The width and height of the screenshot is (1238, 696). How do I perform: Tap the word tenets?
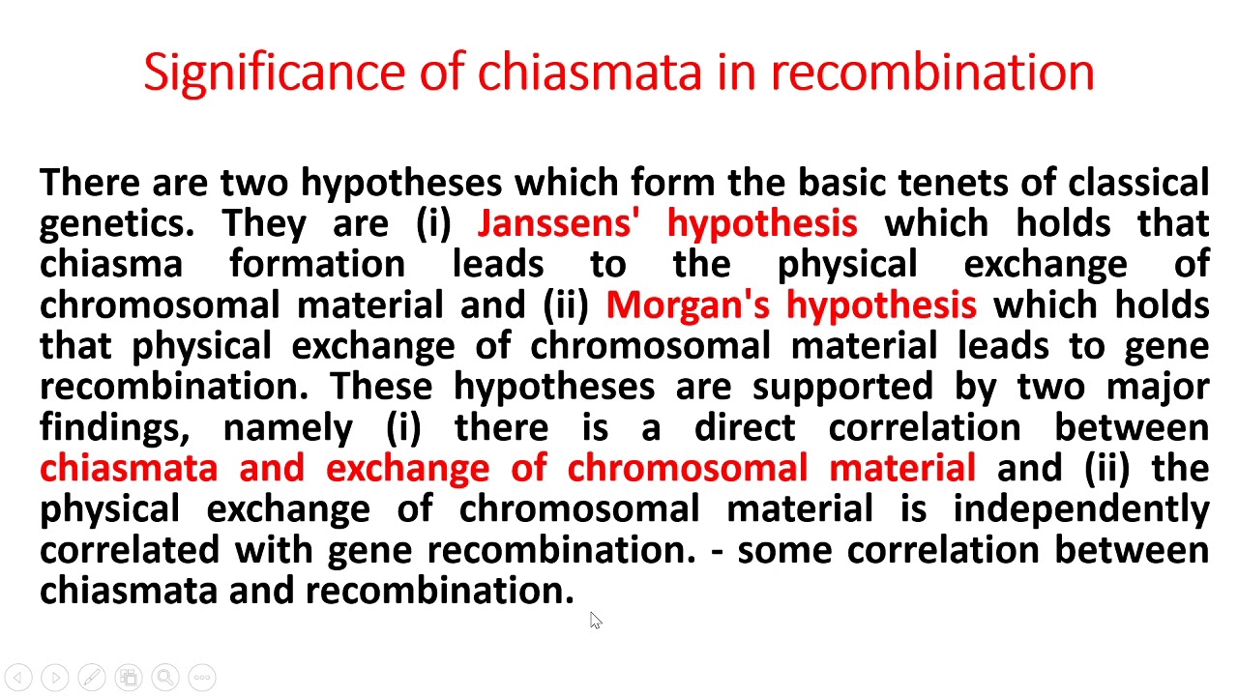[x=976, y=183]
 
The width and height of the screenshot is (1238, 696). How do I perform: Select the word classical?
[x=1138, y=183]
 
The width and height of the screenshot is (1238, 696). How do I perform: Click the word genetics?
[x=116, y=223]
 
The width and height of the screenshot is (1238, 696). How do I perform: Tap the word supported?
[x=841, y=387]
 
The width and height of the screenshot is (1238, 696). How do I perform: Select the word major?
[x=1158, y=387]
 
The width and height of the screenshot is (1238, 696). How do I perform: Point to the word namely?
[x=287, y=427]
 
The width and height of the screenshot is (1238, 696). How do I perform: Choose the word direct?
[x=745, y=427]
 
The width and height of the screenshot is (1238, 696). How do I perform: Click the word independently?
[x=1081, y=508]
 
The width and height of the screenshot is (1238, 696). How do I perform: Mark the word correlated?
[x=130, y=549]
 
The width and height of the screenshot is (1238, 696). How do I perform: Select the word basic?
[x=841, y=183]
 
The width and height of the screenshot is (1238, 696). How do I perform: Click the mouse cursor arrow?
[x=595, y=621]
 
